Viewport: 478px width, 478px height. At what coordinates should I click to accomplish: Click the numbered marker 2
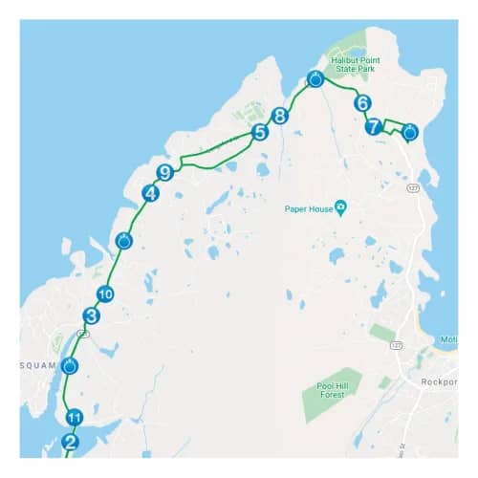pyautogui.click(x=70, y=442)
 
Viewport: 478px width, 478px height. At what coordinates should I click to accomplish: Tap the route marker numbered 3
pyautogui.click(x=91, y=315)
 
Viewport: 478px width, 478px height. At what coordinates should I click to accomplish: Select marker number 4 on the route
pyautogui.click(x=149, y=194)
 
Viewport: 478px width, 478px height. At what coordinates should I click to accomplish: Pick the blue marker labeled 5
pyautogui.click(x=259, y=133)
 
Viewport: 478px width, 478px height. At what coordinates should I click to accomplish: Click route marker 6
pyautogui.click(x=361, y=102)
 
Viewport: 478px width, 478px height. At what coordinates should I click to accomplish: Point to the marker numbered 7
pyautogui.click(x=374, y=125)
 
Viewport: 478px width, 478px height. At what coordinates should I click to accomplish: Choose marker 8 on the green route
pyautogui.click(x=279, y=116)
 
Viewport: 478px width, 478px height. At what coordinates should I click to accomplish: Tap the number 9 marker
pyautogui.click(x=164, y=172)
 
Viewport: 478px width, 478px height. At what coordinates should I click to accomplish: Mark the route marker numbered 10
pyautogui.click(x=105, y=294)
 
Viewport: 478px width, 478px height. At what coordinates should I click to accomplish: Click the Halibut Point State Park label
pyautogui.click(x=356, y=62)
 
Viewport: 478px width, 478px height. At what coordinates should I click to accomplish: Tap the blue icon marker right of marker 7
pyautogui.click(x=410, y=132)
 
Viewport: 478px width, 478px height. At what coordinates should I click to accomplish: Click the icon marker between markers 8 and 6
pyautogui.click(x=315, y=79)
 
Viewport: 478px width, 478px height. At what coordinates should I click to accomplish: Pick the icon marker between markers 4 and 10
pyautogui.click(x=123, y=241)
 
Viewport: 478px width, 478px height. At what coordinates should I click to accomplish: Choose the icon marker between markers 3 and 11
pyautogui.click(x=70, y=365)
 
